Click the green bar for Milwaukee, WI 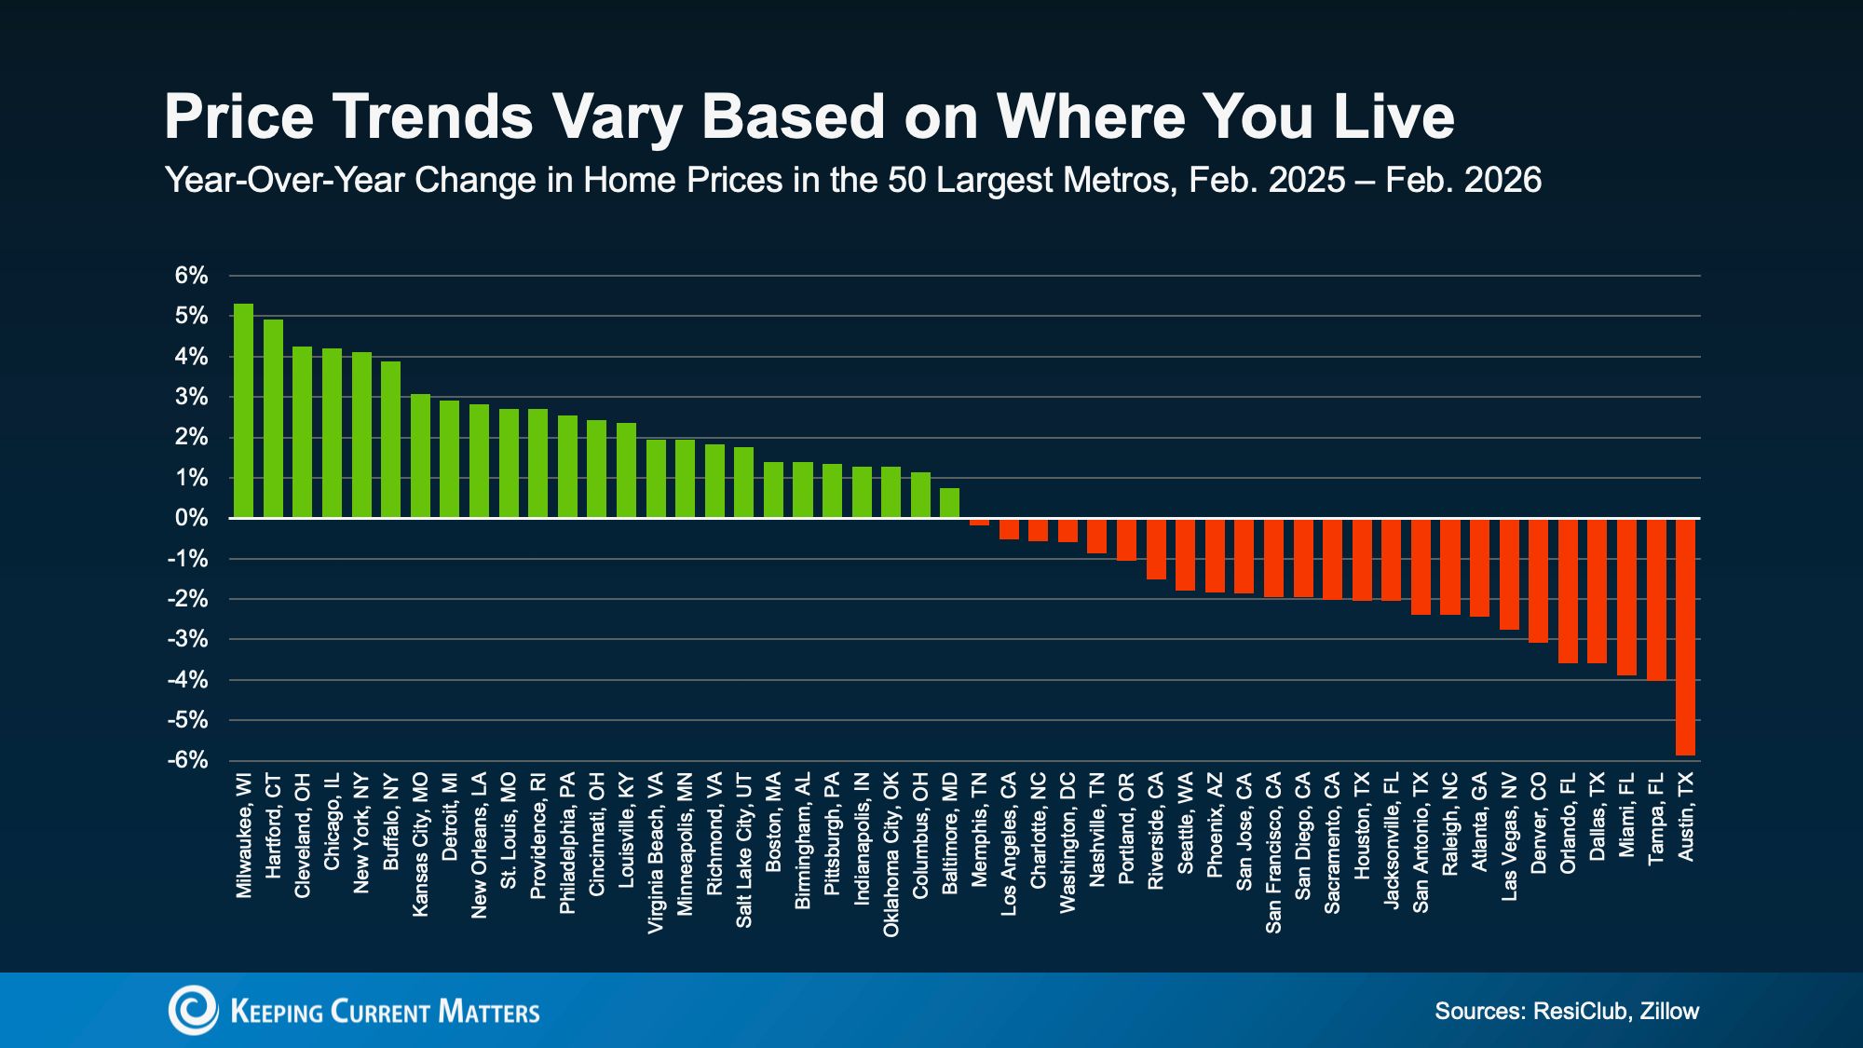[243, 411]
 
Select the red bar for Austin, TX [1685, 636]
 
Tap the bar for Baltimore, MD [949, 503]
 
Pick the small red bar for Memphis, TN [979, 522]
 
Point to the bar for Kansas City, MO [420, 456]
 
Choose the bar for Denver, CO [1538, 580]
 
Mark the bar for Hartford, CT [273, 418]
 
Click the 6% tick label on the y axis [191, 276]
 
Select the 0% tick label [191, 518]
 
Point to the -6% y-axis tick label [187, 760]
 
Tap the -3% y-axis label [187, 639]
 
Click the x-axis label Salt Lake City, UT [743, 850]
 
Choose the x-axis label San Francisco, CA [1273, 852]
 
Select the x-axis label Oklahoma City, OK [891, 854]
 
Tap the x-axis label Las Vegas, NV [1509, 837]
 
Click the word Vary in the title [617, 117]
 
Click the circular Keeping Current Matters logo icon [193, 1011]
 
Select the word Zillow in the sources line [1669, 1011]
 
